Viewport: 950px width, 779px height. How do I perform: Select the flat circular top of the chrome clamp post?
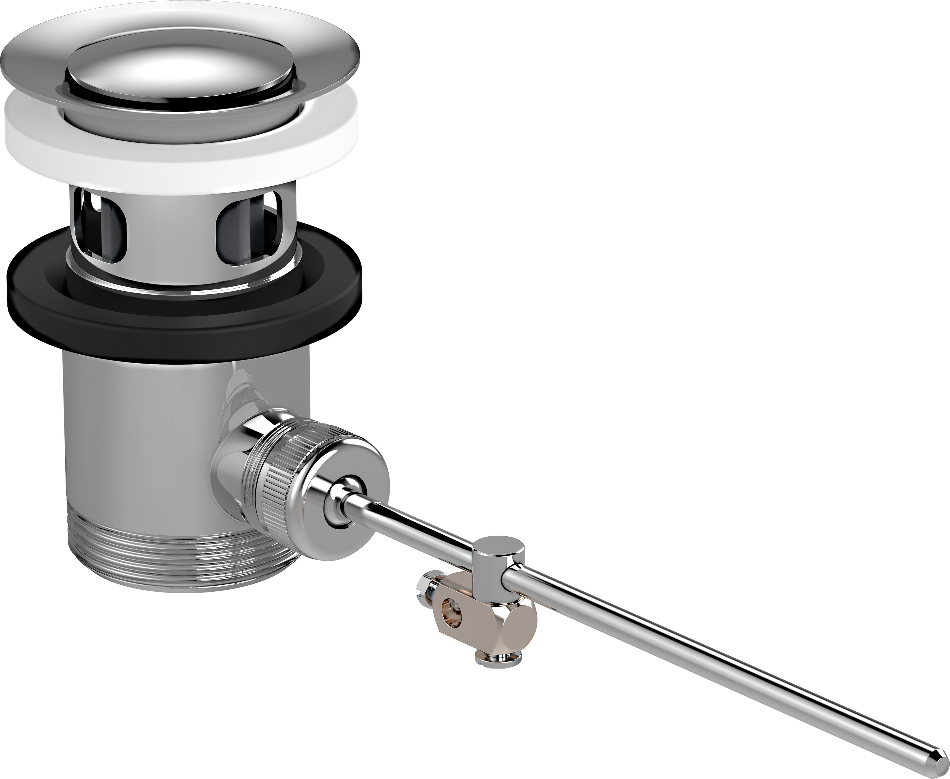499,548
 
